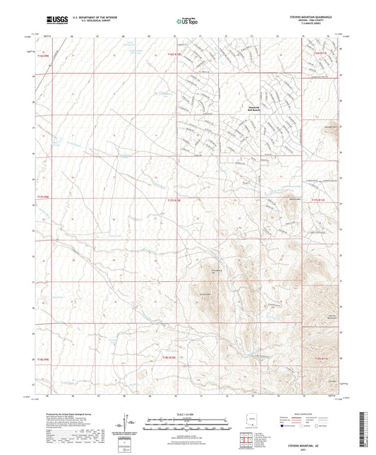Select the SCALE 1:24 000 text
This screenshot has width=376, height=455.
pos(187,413)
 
